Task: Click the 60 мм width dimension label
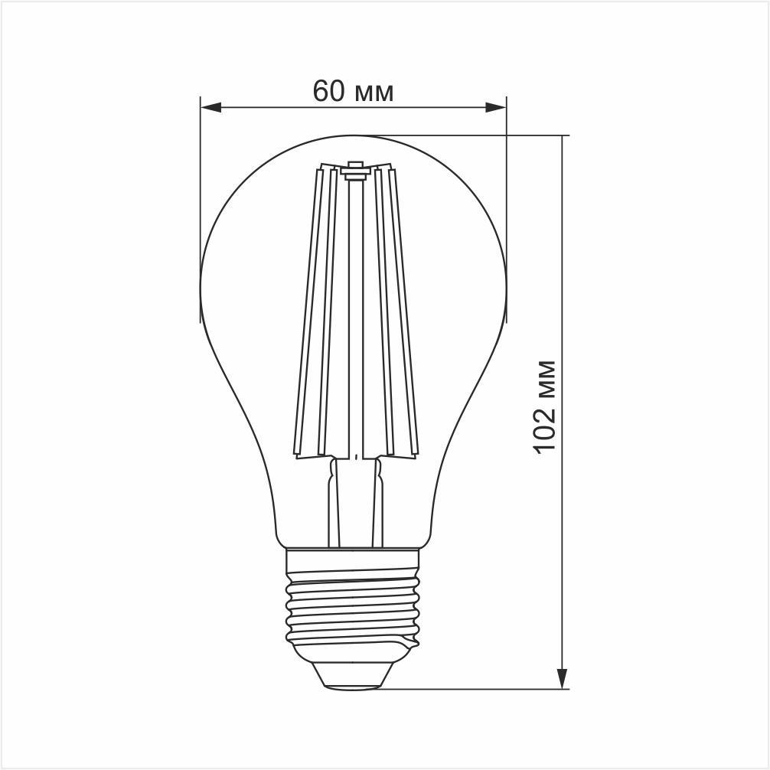coord(353,91)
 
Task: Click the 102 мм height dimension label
coord(544,406)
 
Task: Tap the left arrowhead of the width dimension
coord(210,108)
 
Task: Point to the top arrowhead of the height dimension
coord(563,146)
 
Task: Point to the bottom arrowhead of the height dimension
coord(563,678)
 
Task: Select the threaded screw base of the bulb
coord(353,605)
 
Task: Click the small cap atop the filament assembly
coord(354,169)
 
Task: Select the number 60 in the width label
coord(328,91)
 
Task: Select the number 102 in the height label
coord(544,429)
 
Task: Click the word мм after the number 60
coord(374,93)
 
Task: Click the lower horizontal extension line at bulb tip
coord(475,689)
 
